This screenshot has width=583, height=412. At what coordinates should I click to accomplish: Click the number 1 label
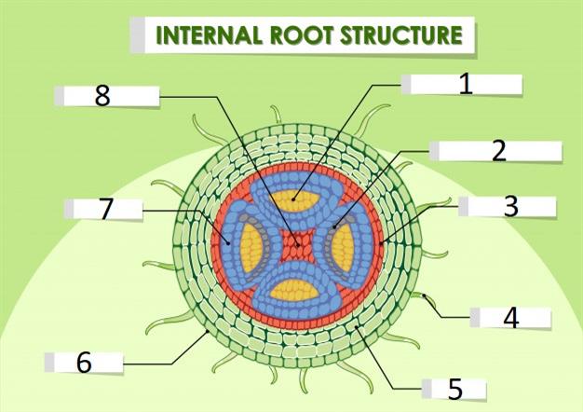pos(466,84)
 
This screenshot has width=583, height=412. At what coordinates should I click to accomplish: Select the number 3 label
pos(509,206)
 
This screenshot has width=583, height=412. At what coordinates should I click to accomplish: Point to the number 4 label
pos(510,318)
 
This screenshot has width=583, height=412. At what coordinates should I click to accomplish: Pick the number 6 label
pos(84,363)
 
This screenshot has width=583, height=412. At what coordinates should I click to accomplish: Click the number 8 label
pos(102,95)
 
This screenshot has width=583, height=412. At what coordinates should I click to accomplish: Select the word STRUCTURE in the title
pos(403,35)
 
